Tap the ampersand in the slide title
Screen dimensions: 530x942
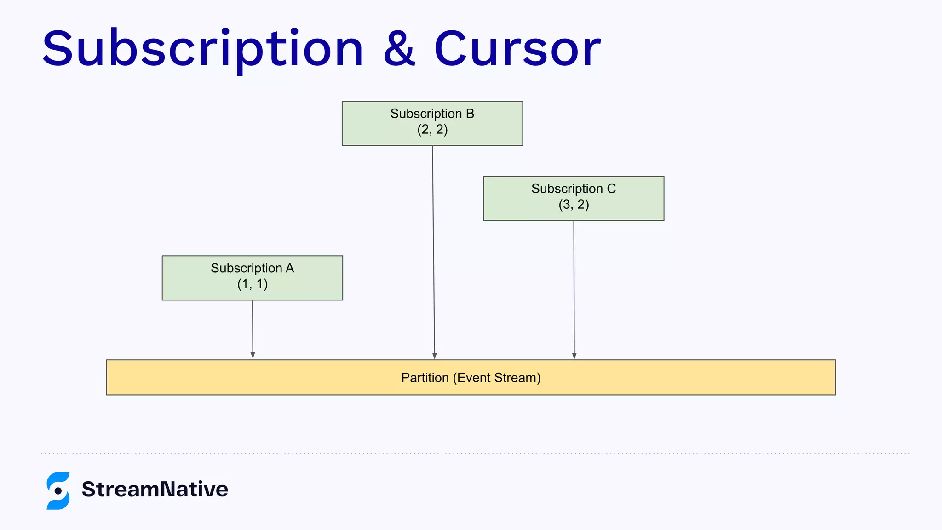[x=399, y=49]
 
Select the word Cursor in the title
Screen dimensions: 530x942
[x=517, y=49]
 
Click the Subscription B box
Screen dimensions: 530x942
[x=432, y=123]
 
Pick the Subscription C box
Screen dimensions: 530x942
[x=574, y=198]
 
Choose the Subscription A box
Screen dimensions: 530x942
[x=252, y=278]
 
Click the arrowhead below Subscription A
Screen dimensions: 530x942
[x=253, y=355]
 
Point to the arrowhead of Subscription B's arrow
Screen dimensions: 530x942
[x=435, y=356]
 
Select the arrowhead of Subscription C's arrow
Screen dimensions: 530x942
[x=574, y=356]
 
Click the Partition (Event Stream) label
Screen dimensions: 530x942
[x=471, y=378]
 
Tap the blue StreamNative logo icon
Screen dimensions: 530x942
[x=58, y=490]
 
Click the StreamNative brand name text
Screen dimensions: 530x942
[x=155, y=489]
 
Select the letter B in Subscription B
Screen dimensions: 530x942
[x=470, y=114]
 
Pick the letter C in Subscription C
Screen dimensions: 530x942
[x=611, y=189]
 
